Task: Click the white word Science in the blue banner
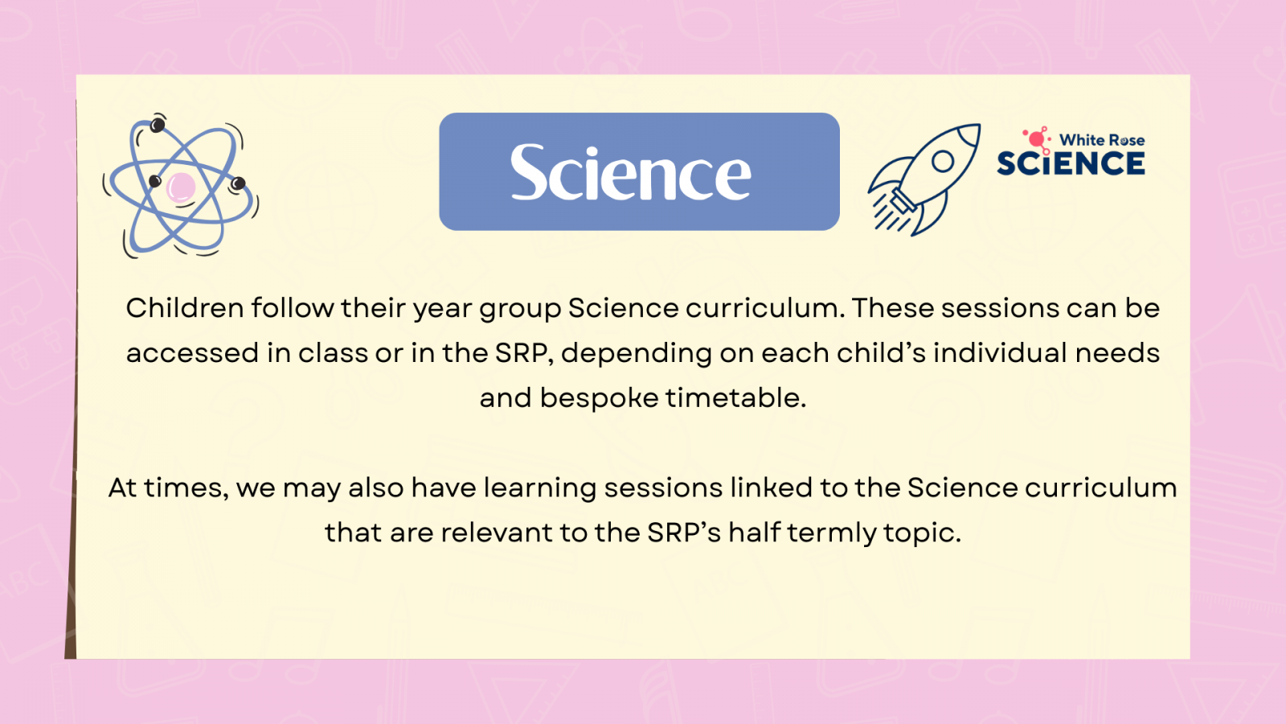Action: click(630, 172)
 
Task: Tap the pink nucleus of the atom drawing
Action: click(181, 188)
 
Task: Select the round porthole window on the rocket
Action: click(943, 162)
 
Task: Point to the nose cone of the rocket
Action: click(969, 135)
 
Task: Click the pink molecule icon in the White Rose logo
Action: click(1037, 140)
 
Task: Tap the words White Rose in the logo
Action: click(1102, 140)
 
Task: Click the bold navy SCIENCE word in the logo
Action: click(1071, 163)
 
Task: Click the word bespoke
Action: click(599, 397)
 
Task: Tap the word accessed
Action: click(192, 353)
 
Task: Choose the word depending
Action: click(637, 354)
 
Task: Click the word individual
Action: click(1000, 352)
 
